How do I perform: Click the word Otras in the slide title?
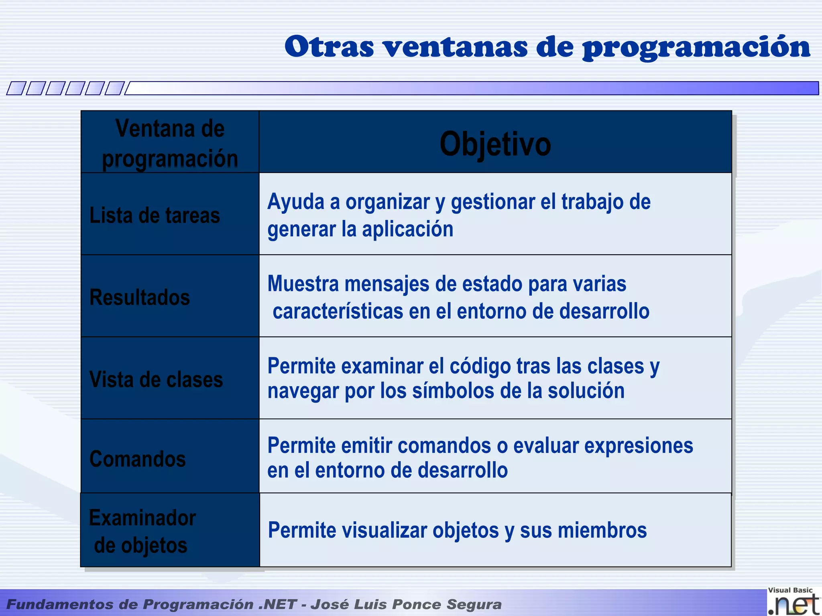coord(329,47)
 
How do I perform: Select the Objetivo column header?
coord(495,144)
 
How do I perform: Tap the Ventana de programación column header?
coord(170,143)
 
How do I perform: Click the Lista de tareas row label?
coord(155,215)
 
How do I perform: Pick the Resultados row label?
coord(140,298)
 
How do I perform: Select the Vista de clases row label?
coord(156,379)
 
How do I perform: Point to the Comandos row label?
coord(137,459)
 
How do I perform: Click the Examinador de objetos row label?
coord(142,531)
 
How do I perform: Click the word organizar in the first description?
coord(388,202)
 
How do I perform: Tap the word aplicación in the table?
coord(407,229)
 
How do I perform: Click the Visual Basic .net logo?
coord(793,601)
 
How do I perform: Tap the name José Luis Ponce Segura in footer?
coord(406,604)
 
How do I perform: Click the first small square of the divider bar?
coord(16,88)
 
